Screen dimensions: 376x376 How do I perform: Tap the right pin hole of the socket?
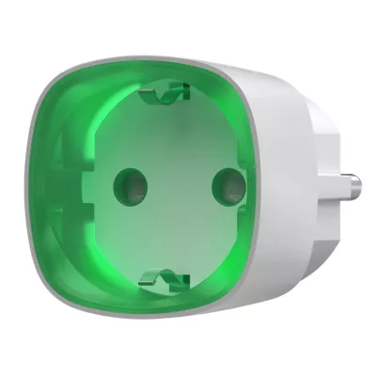pyautogui.click(x=224, y=180)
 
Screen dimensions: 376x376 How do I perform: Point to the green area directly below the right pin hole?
pyautogui.click(x=224, y=216)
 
